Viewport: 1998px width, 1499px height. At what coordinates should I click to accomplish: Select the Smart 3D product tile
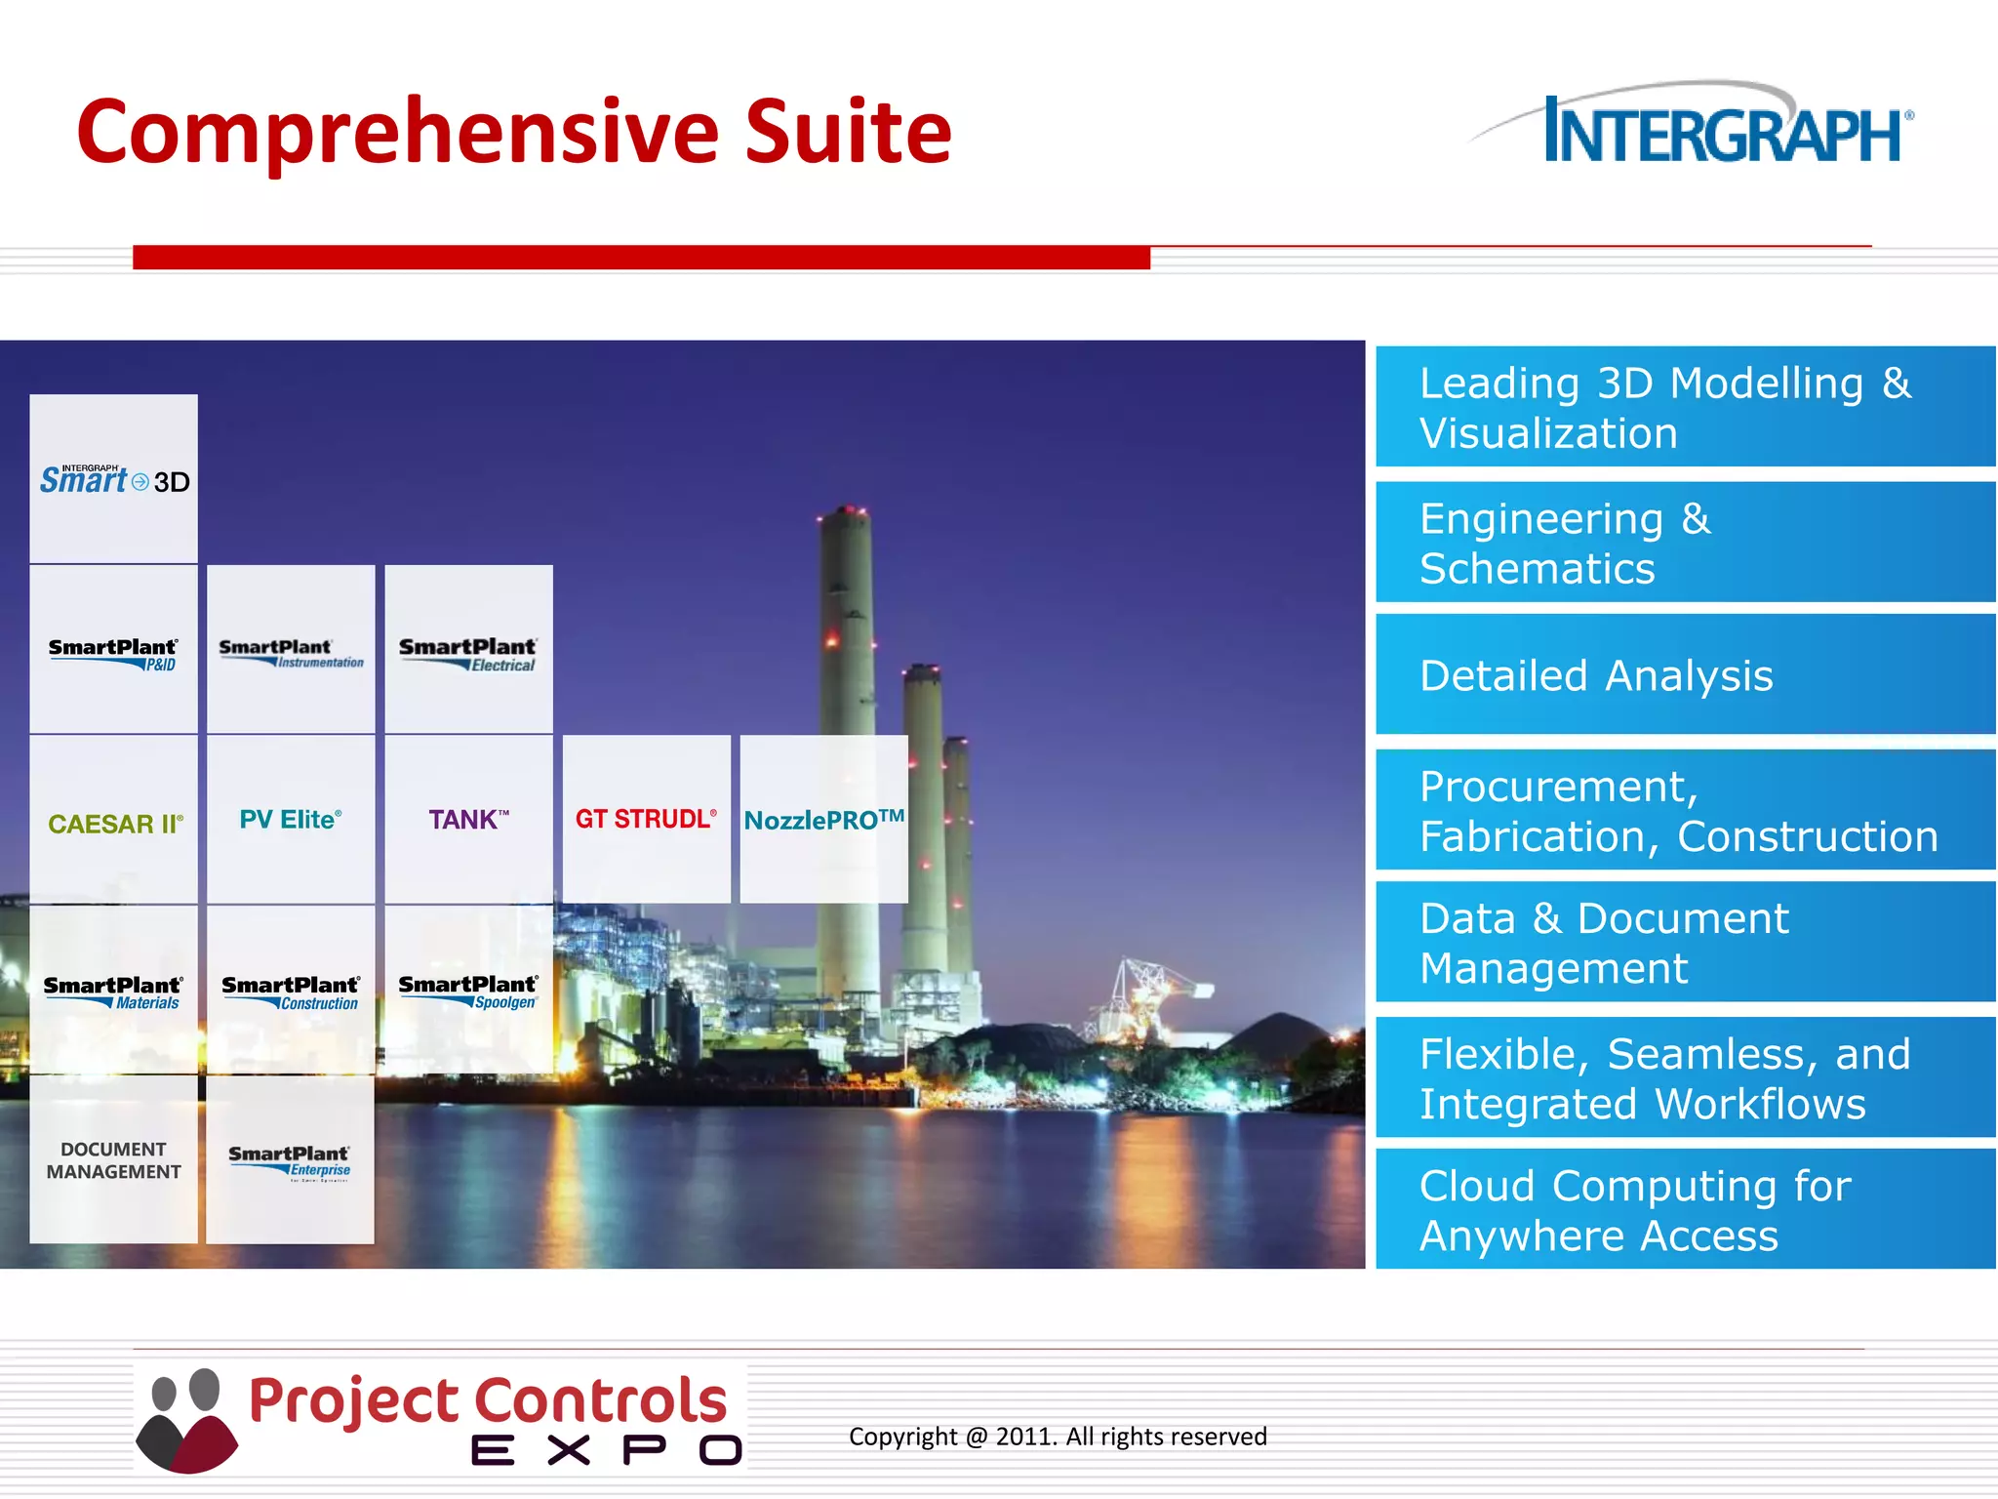114,479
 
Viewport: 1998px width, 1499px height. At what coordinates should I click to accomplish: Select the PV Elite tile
291,820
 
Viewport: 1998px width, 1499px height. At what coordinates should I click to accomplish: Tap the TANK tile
468,820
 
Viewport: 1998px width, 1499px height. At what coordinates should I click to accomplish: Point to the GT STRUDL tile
646,820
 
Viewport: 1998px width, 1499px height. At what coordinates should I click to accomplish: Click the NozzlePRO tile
823,820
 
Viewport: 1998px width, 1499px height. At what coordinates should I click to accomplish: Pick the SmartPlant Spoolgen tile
468,991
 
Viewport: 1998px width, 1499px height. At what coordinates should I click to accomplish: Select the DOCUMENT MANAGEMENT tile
114,1160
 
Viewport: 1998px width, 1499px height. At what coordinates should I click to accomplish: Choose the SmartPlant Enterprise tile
290,1160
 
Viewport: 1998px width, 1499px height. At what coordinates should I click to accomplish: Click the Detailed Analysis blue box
1685,675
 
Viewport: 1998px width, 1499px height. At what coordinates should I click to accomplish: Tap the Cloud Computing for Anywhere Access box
1685,1210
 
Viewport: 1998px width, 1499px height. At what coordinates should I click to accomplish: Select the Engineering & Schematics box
1685,543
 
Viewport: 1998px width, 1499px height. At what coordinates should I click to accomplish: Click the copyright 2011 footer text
1058,1437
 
